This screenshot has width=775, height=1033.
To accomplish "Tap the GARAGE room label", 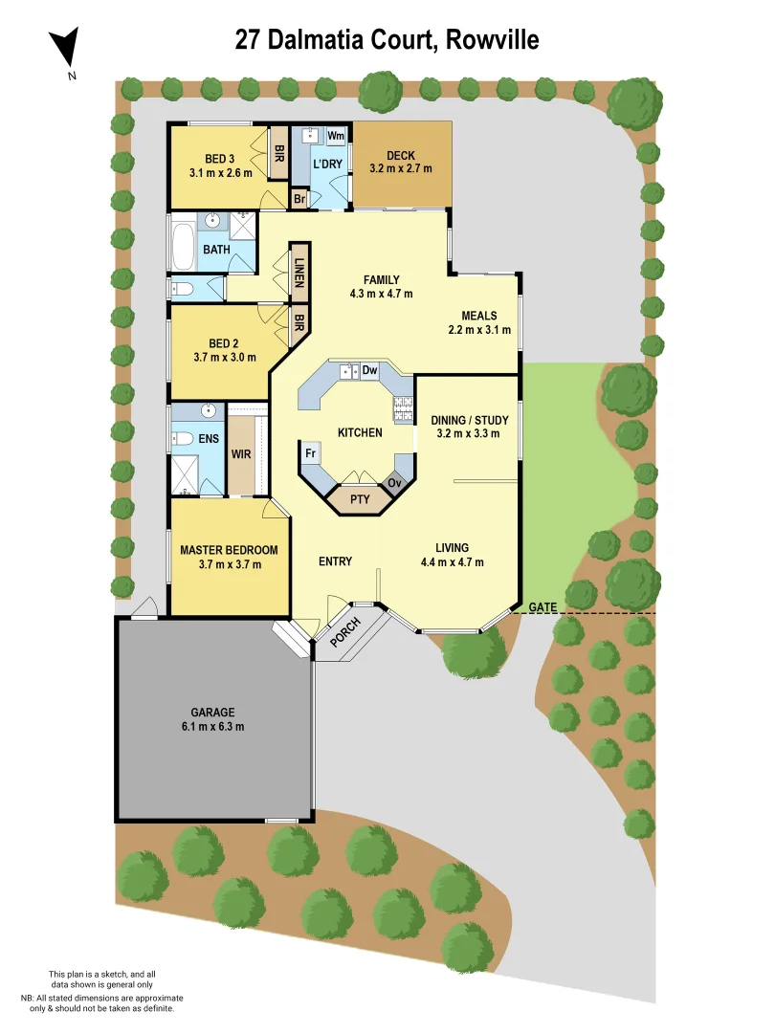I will click(211, 713).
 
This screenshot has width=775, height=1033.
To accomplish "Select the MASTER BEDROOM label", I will click(229, 550).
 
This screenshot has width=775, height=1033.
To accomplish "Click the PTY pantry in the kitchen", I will click(360, 499).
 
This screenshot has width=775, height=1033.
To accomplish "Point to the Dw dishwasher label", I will click(370, 370).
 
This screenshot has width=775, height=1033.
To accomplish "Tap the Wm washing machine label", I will click(335, 136).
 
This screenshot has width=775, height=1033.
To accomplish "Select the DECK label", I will click(400, 156).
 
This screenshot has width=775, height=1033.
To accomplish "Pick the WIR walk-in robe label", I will click(241, 454).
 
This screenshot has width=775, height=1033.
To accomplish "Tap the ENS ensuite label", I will click(210, 439).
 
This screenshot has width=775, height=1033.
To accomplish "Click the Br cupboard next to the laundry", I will click(299, 200).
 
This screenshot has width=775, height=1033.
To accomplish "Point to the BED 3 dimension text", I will click(221, 173).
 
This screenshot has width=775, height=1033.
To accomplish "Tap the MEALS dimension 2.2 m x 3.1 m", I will click(479, 330).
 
